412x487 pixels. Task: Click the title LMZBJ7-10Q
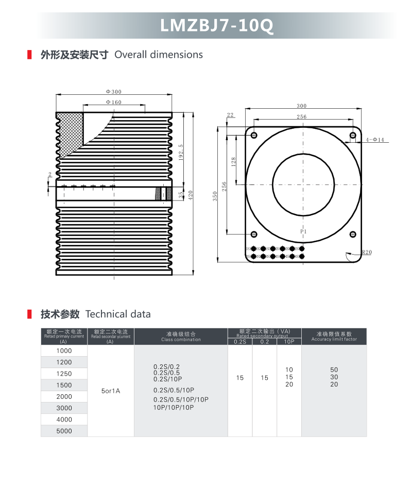(216, 25)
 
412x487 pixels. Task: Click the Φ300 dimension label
(113, 92)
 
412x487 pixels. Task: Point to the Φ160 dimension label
(114, 103)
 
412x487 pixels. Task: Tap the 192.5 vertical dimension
(181, 153)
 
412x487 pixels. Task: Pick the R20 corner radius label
(367, 253)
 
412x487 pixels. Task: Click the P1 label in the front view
(304, 232)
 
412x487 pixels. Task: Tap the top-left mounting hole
(254, 136)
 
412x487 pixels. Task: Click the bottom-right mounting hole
(353, 234)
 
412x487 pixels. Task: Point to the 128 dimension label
(233, 162)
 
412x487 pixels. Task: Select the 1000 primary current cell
(64, 351)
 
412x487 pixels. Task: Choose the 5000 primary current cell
(64, 431)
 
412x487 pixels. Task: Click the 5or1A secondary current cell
(111, 391)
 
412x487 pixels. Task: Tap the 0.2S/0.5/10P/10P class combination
(181, 399)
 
